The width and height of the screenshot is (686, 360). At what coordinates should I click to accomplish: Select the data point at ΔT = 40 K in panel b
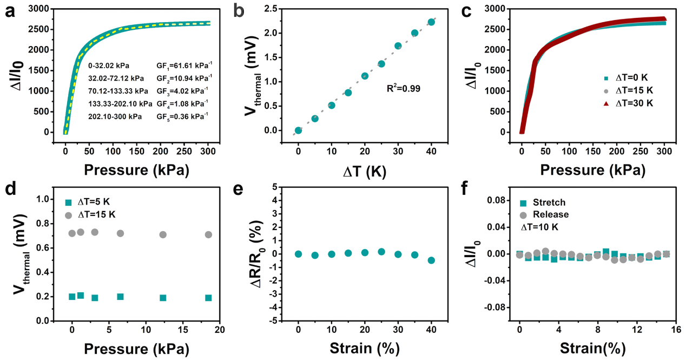point(431,22)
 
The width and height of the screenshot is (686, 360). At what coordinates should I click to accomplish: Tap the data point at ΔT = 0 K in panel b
point(298,130)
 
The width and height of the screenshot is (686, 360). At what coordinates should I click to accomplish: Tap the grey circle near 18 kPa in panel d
point(208,234)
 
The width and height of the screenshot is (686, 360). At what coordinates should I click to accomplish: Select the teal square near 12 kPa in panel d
point(163,298)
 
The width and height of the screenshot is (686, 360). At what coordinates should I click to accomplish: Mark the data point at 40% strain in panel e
point(431,260)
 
